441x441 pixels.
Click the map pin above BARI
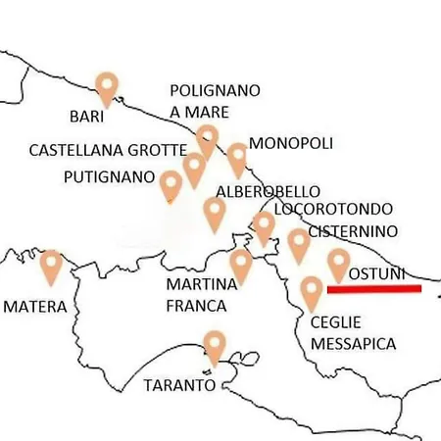click(x=107, y=86)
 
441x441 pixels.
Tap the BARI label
click(x=87, y=116)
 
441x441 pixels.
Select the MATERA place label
click(x=35, y=306)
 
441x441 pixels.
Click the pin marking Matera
click(x=50, y=265)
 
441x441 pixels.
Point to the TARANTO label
click(x=179, y=384)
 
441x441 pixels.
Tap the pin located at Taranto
click(x=214, y=347)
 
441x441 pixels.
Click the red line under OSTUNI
click(x=373, y=289)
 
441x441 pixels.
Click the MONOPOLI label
click(x=290, y=143)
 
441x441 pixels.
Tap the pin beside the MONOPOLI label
click(x=237, y=157)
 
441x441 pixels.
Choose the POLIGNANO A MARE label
click(x=215, y=101)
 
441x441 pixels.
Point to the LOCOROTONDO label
click(x=333, y=209)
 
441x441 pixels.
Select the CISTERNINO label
click(x=352, y=231)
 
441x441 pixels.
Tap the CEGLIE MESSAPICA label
click(x=353, y=333)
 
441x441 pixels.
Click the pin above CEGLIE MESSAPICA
click(x=312, y=291)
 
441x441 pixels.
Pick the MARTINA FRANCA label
click(x=202, y=295)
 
